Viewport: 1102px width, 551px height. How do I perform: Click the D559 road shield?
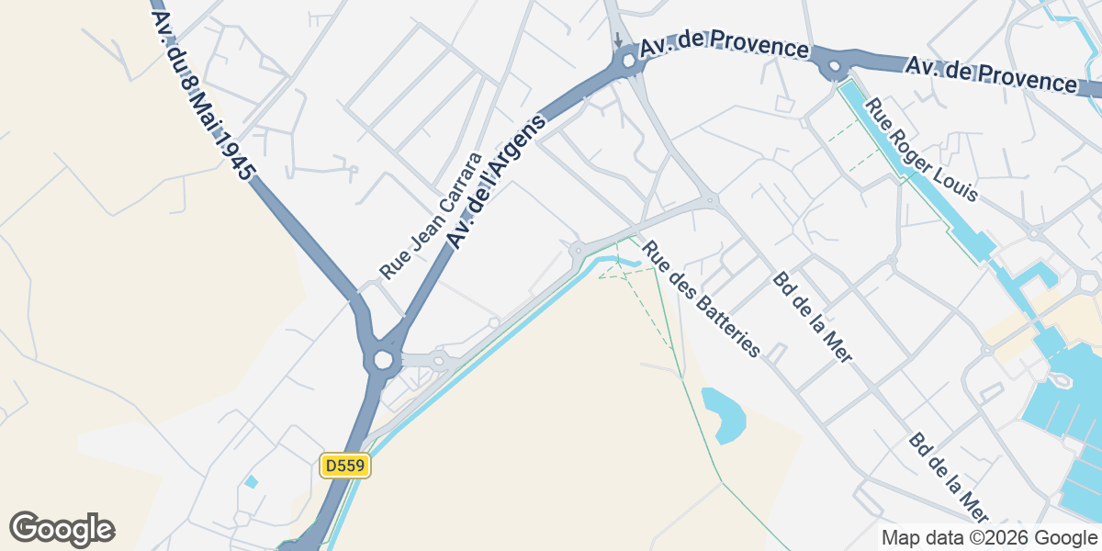(345, 467)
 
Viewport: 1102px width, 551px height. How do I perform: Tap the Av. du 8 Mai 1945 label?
(203, 95)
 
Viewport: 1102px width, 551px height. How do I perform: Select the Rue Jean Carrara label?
(431, 216)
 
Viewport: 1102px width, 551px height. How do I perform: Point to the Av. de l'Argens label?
(496, 180)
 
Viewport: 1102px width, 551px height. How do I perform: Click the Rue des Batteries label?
(702, 299)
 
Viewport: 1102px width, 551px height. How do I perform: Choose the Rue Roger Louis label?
(921, 151)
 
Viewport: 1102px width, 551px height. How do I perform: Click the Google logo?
(62, 529)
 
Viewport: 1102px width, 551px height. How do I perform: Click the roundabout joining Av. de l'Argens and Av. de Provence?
(628, 62)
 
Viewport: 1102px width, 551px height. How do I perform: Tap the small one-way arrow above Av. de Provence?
(618, 40)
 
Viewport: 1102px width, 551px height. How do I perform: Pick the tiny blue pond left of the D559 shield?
(251, 481)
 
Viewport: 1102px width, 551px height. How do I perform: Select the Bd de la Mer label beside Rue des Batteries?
(813, 317)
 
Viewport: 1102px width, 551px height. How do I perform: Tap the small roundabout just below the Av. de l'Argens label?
(577, 249)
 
